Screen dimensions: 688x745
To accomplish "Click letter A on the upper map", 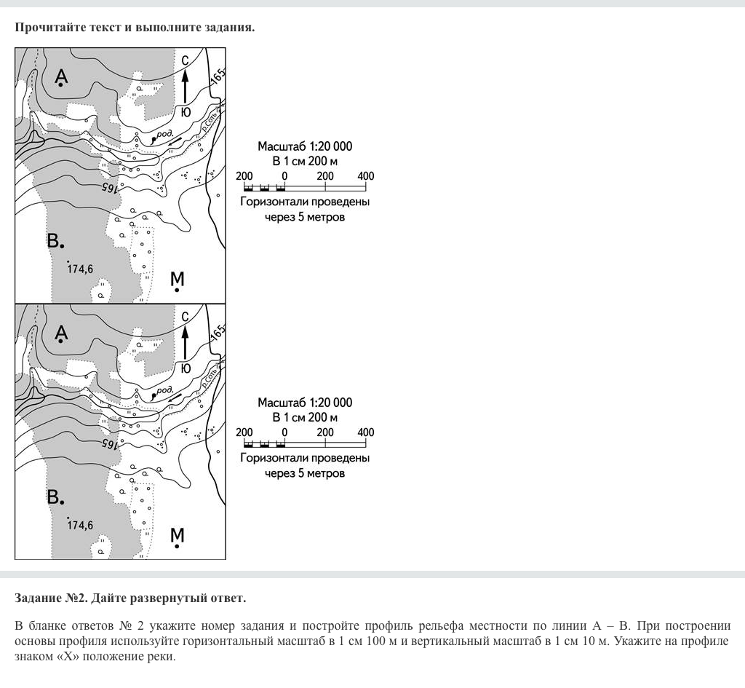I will coord(62,76).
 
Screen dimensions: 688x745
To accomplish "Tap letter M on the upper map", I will coord(178,279).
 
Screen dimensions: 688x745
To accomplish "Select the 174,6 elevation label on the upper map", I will coord(80,269).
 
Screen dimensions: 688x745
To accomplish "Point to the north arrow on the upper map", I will coord(186,86).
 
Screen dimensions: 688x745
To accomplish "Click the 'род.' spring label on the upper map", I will coord(164,134).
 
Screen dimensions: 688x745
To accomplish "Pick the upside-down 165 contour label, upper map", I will coord(110,187).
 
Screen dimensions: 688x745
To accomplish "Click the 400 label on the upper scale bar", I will coord(366,176).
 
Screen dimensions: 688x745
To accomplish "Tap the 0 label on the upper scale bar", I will coord(284,176).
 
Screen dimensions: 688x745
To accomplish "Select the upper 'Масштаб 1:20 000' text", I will coord(305,146).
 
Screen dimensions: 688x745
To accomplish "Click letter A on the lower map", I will coord(62,333).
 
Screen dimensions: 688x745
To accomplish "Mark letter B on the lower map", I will coord(54,497).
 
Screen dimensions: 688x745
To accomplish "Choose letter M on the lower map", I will coord(178,535).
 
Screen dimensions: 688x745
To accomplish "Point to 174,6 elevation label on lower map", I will coord(80,525).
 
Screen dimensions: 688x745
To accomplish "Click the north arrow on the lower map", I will coord(186,341).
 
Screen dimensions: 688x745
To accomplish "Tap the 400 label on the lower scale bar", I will coord(366,432).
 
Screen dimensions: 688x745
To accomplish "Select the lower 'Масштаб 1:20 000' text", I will coord(305,403).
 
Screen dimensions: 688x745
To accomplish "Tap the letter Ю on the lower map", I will coord(186,368).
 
